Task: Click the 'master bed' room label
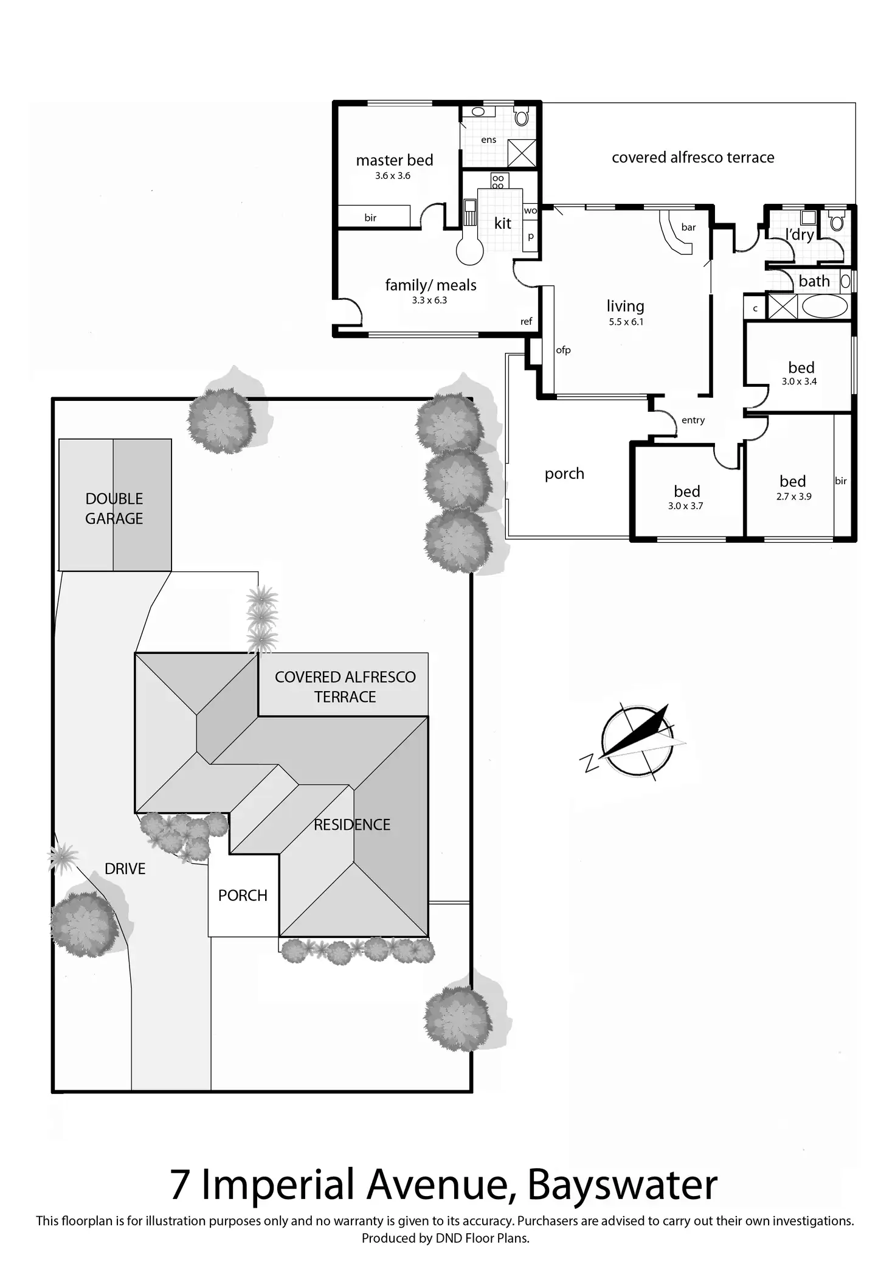click(x=395, y=160)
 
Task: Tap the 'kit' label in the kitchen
click(x=502, y=223)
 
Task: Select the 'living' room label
click(x=625, y=306)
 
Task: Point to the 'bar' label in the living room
click(x=688, y=228)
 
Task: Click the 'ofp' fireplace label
click(x=563, y=350)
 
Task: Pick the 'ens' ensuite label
click(x=488, y=140)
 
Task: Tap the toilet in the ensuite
click(x=522, y=117)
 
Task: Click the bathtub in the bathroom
click(x=824, y=306)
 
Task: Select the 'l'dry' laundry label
click(x=799, y=234)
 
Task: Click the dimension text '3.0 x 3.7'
click(x=685, y=506)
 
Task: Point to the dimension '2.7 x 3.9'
click(x=793, y=496)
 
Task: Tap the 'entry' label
click(x=693, y=420)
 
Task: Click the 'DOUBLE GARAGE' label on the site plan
click(x=114, y=509)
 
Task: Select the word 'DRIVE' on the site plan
click(x=125, y=869)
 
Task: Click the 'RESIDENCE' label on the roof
click(x=352, y=824)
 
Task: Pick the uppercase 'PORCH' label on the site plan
click(x=243, y=896)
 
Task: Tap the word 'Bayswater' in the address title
click(x=622, y=1184)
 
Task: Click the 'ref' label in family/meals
click(x=527, y=322)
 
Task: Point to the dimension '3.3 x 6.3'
click(x=429, y=300)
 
